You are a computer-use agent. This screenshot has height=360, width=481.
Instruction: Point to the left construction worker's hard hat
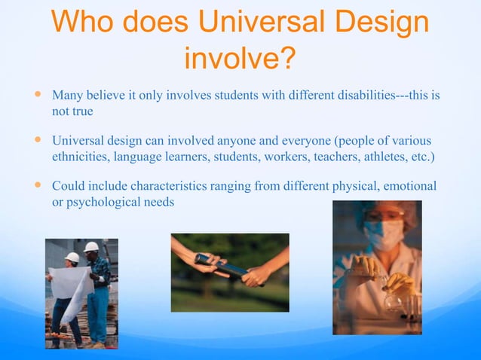point(72,257)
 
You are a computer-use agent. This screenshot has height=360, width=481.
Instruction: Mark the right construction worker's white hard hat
point(91,246)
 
